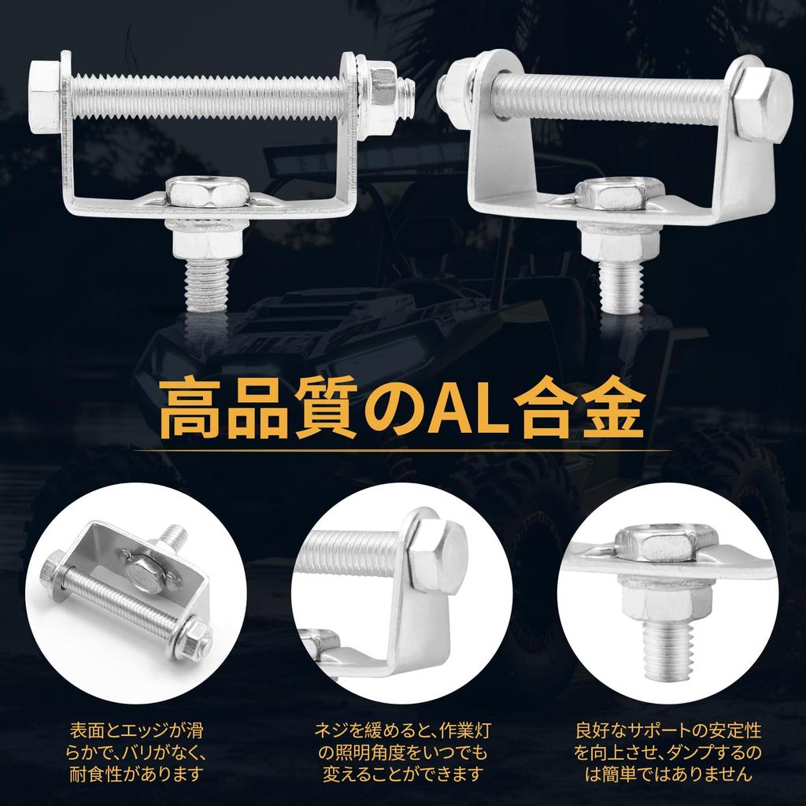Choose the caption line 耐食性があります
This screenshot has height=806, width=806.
pos(135,774)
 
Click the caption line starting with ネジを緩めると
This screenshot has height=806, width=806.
pos(402,730)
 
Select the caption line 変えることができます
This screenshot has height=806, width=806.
pos(402,774)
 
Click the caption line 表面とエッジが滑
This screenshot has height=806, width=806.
pos(135,730)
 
